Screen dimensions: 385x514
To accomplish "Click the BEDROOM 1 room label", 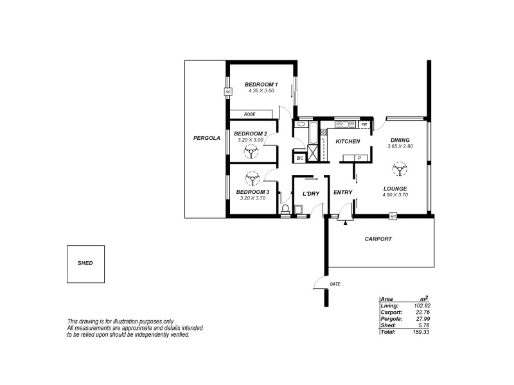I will [261, 85].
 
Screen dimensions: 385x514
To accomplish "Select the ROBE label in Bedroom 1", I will [250, 114].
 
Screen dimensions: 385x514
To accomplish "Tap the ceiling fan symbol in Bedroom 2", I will [250, 151].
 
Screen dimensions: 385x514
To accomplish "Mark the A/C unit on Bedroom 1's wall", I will [227, 92].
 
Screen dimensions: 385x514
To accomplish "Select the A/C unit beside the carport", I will [393, 217].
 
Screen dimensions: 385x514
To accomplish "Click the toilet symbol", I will [285, 209].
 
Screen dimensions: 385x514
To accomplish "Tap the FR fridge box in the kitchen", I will [364, 124].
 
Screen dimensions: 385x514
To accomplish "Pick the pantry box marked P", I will [359, 157].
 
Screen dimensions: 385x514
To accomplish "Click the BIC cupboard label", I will [299, 157].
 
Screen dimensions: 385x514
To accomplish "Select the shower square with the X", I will [313, 153].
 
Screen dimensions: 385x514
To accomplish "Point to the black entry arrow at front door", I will [346, 223].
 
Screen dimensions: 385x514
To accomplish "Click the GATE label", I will [335, 283].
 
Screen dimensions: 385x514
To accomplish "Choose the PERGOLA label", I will [207, 138].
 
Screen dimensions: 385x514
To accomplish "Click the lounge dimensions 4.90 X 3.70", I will [395, 194].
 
